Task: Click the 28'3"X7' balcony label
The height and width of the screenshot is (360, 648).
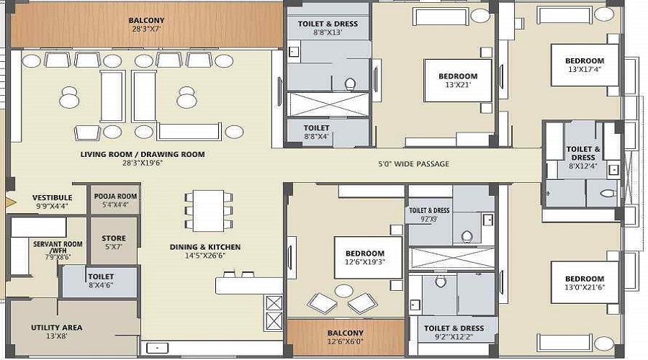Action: [146, 25]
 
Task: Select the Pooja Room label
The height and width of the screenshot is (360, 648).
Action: [115, 200]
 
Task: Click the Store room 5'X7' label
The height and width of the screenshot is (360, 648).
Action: [113, 243]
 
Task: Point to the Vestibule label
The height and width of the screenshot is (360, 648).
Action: [52, 202]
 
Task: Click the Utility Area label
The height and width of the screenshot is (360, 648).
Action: [56, 332]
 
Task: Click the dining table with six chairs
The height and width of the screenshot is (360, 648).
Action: [208, 210]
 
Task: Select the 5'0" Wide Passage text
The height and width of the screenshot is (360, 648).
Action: [413, 164]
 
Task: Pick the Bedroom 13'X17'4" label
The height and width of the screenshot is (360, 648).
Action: [584, 66]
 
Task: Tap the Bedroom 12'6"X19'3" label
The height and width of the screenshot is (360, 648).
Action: [364, 258]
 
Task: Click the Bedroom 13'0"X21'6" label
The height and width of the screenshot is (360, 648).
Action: [584, 284]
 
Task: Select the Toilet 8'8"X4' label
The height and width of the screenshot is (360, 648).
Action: [317, 132]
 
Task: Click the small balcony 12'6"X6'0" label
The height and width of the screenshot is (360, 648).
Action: [346, 337]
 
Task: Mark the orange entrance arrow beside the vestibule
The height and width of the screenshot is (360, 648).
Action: [9, 202]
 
